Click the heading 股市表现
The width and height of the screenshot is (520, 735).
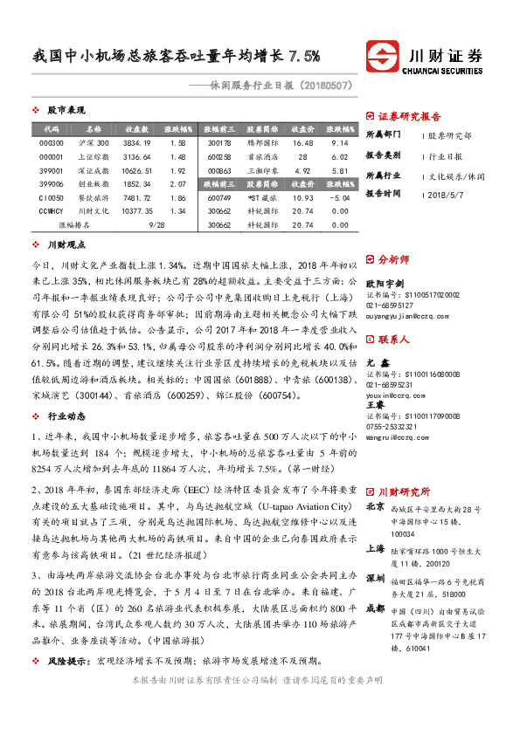66,111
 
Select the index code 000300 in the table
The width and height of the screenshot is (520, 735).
52,142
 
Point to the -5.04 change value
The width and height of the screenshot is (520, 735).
340,198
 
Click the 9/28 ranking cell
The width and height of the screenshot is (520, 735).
157,225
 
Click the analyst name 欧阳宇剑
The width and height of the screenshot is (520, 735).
385,284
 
